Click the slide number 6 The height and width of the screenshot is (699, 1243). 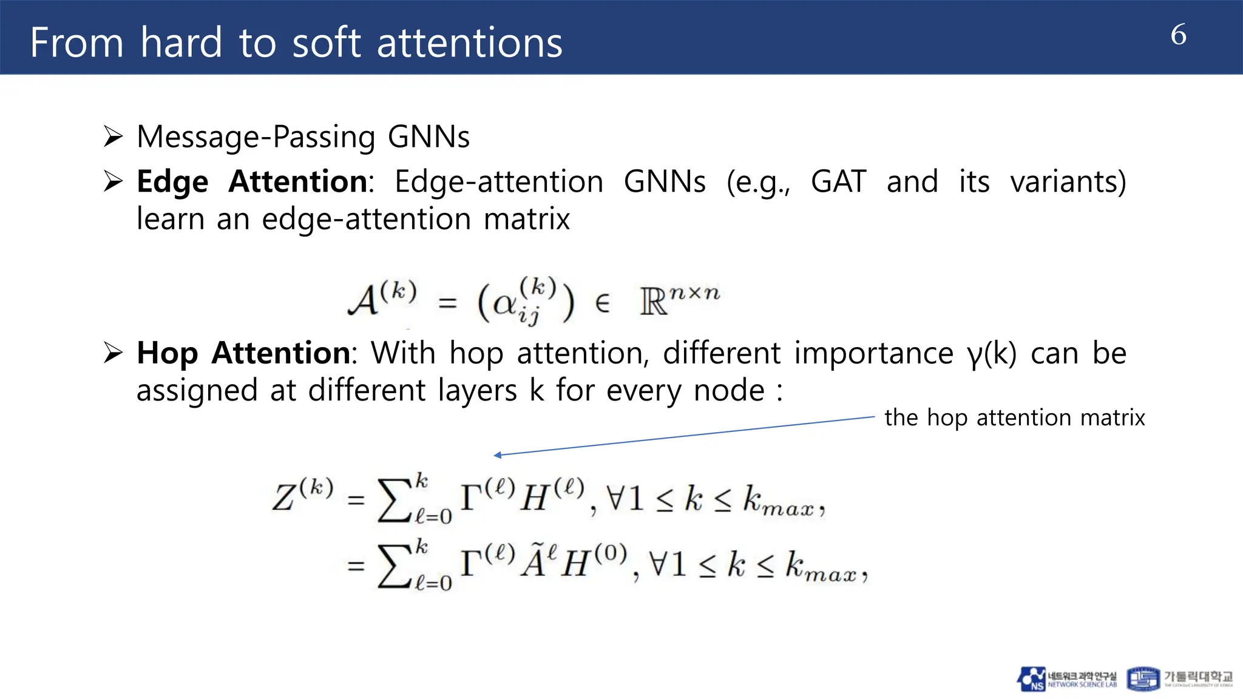point(1178,35)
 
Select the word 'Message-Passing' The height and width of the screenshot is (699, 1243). point(256,137)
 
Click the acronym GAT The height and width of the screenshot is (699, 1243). point(838,181)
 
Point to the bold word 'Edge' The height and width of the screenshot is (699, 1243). point(172,182)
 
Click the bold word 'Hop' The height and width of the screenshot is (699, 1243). point(167,354)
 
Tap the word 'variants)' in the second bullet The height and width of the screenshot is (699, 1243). point(1068,181)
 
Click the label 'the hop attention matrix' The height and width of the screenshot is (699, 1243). point(1014,417)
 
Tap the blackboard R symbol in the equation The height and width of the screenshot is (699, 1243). point(653,302)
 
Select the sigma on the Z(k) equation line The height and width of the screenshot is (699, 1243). point(394,501)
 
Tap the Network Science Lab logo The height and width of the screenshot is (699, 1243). point(1066,679)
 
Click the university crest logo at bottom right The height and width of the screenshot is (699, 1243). point(1143,679)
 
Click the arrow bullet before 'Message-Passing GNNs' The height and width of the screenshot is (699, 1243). point(113,137)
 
